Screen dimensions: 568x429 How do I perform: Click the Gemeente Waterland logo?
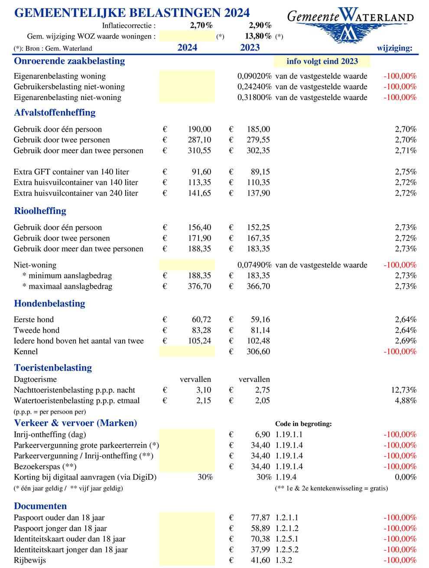(x=350, y=24)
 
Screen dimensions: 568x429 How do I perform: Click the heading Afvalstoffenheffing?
(x=55, y=113)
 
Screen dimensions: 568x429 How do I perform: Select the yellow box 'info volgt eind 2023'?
(x=322, y=61)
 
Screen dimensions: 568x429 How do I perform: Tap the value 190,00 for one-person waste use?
(x=200, y=129)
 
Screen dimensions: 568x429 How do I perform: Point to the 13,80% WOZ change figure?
(x=258, y=36)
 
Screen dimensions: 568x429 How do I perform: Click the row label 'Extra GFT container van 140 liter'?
(x=71, y=172)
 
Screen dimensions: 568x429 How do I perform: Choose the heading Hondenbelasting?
(x=49, y=303)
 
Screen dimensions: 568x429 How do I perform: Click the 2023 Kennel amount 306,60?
(x=258, y=352)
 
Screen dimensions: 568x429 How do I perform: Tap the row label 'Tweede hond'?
(x=36, y=330)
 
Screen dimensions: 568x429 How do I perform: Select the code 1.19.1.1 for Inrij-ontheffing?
(x=289, y=434)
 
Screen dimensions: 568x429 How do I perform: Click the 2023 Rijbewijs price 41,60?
(x=260, y=560)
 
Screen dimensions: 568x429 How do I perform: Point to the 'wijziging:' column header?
(x=394, y=48)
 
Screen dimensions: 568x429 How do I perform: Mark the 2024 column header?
(x=187, y=48)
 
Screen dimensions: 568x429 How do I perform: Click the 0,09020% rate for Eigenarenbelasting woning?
(x=254, y=76)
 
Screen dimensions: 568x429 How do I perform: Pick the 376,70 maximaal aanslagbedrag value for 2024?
(x=200, y=286)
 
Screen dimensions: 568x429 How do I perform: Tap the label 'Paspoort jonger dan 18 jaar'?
(x=60, y=528)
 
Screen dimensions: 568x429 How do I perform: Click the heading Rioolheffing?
(x=40, y=211)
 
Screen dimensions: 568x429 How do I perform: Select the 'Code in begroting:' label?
(x=303, y=424)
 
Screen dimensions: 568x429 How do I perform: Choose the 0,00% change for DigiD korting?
(x=406, y=477)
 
